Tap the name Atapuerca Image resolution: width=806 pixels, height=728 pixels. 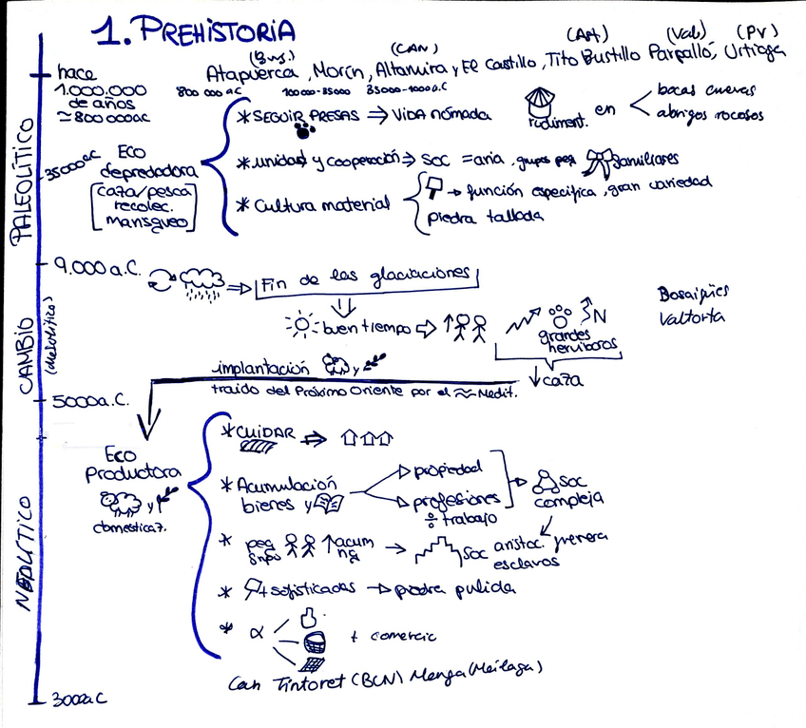(252, 72)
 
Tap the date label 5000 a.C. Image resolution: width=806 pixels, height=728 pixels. (92, 400)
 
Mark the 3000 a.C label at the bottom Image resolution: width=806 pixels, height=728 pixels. (78, 699)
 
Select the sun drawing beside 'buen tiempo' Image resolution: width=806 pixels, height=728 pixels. (301, 325)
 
